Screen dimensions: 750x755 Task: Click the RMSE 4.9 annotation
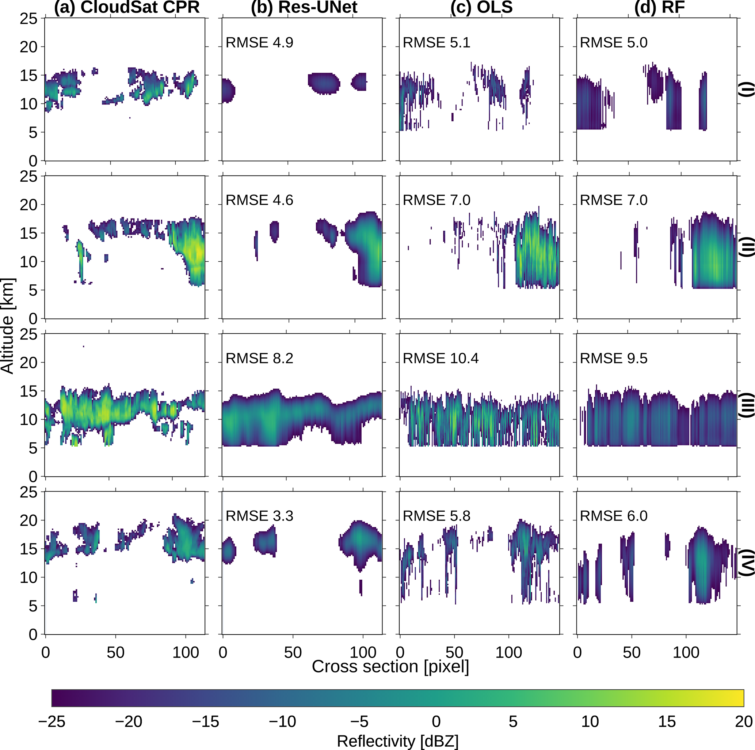[x=259, y=43]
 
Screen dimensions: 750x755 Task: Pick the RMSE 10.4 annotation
[x=441, y=359]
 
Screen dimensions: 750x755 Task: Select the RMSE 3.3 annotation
[x=259, y=516]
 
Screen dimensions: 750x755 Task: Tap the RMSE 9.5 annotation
[x=614, y=359]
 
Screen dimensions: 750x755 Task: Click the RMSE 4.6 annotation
[x=259, y=200]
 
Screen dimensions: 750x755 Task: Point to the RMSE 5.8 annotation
[x=436, y=516]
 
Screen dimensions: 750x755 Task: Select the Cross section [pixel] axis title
[x=390, y=666]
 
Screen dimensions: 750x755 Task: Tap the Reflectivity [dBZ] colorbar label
[x=397, y=741]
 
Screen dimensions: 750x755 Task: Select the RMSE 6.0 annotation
[x=614, y=516]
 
